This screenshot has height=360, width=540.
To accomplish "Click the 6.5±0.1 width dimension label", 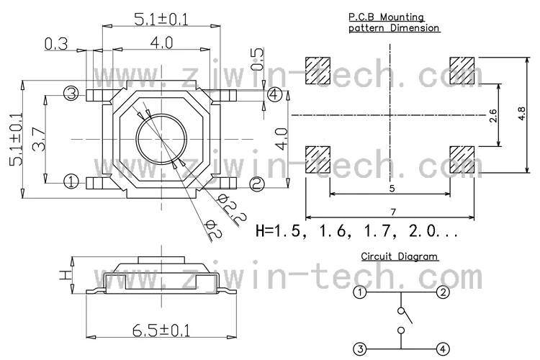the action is point(161,330).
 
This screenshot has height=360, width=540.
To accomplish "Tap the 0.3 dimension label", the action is point(56,44).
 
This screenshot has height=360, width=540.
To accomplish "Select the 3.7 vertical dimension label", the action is point(39,139).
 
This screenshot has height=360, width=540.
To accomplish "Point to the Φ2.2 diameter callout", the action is point(233,211).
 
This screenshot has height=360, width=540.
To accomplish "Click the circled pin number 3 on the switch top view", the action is point(71,93).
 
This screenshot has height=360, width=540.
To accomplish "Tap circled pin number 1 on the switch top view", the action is point(71,181).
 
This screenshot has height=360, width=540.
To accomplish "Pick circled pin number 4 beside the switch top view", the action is point(274,94).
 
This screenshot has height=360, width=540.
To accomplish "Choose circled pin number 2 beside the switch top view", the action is point(257,184).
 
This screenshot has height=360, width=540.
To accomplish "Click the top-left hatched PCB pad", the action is point(318,71).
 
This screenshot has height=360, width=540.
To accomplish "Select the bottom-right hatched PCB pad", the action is point(462,160).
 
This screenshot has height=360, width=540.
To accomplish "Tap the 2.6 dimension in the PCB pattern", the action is point(493,115).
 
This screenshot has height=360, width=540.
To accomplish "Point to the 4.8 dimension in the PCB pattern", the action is point(521,114).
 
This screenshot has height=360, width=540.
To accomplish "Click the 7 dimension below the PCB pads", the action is point(393,212).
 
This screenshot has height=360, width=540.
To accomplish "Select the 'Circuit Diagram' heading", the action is point(400,256).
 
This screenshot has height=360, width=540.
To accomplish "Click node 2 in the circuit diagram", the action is point(443,292).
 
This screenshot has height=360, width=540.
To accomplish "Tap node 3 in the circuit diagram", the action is point(360,349).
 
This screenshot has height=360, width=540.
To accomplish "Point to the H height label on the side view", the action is point(64,274).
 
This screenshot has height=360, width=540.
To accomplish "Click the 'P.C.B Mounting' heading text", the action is point(386,17).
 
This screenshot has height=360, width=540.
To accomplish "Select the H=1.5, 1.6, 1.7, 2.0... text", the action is point(357,231).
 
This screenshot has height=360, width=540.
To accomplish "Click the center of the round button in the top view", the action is point(161,139).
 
